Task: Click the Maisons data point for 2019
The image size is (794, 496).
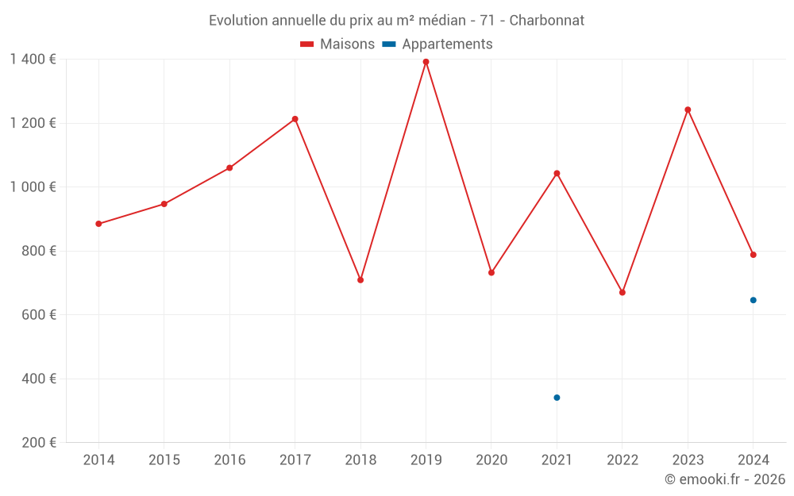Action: click(x=426, y=62)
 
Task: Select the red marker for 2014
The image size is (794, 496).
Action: click(x=98, y=224)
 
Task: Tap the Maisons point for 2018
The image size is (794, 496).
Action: click(x=360, y=280)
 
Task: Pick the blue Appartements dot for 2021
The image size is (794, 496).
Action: click(x=557, y=398)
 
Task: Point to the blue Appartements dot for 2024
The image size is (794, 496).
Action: click(x=753, y=300)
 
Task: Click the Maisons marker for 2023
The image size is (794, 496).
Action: click(x=688, y=110)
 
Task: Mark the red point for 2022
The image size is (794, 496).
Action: click(x=622, y=293)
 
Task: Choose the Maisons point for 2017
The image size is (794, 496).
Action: click(x=295, y=119)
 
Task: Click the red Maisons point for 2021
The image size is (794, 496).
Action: click(x=557, y=173)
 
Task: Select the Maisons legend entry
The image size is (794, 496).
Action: click(x=337, y=44)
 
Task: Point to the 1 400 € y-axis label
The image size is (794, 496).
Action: click(x=33, y=60)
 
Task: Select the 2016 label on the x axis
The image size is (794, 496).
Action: click(x=229, y=460)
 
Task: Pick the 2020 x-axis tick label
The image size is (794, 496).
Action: click(x=491, y=460)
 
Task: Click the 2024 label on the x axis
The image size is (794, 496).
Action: click(x=753, y=460)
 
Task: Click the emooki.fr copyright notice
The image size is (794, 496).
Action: click(x=724, y=479)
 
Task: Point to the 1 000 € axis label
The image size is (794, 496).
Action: click(x=33, y=187)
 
